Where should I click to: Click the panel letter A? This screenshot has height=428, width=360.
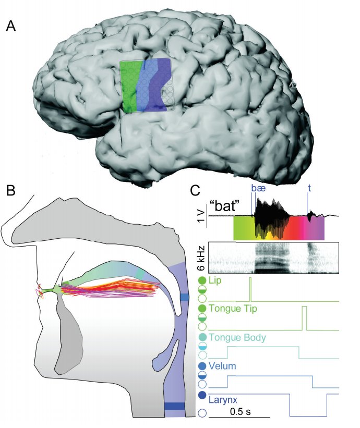[x=10, y=27]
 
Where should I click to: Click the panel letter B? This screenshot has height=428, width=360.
[x=10, y=190]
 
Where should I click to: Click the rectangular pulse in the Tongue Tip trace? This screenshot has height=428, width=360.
[x=304, y=318]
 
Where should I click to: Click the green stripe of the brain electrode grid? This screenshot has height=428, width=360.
[x=129, y=86]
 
